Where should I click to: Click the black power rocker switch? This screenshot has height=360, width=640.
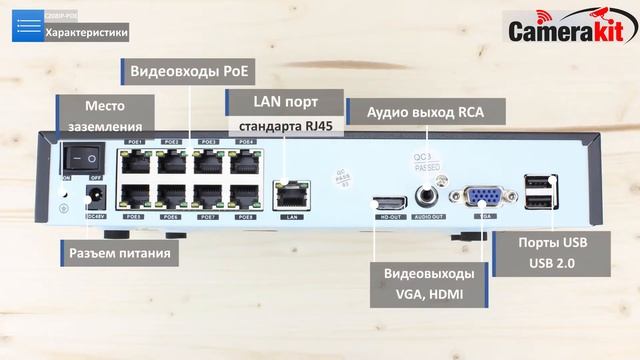(82, 157)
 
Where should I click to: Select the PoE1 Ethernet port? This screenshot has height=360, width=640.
(134, 159)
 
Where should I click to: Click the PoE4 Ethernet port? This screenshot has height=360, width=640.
(245, 159)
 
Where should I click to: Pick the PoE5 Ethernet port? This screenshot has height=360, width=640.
(134, 195)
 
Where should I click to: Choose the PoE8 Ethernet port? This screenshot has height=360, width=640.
(245, 195)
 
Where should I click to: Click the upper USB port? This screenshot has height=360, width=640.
(536, 183)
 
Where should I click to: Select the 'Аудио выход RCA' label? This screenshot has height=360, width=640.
(424, 111)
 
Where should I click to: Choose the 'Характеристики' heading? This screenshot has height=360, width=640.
(87, 32)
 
